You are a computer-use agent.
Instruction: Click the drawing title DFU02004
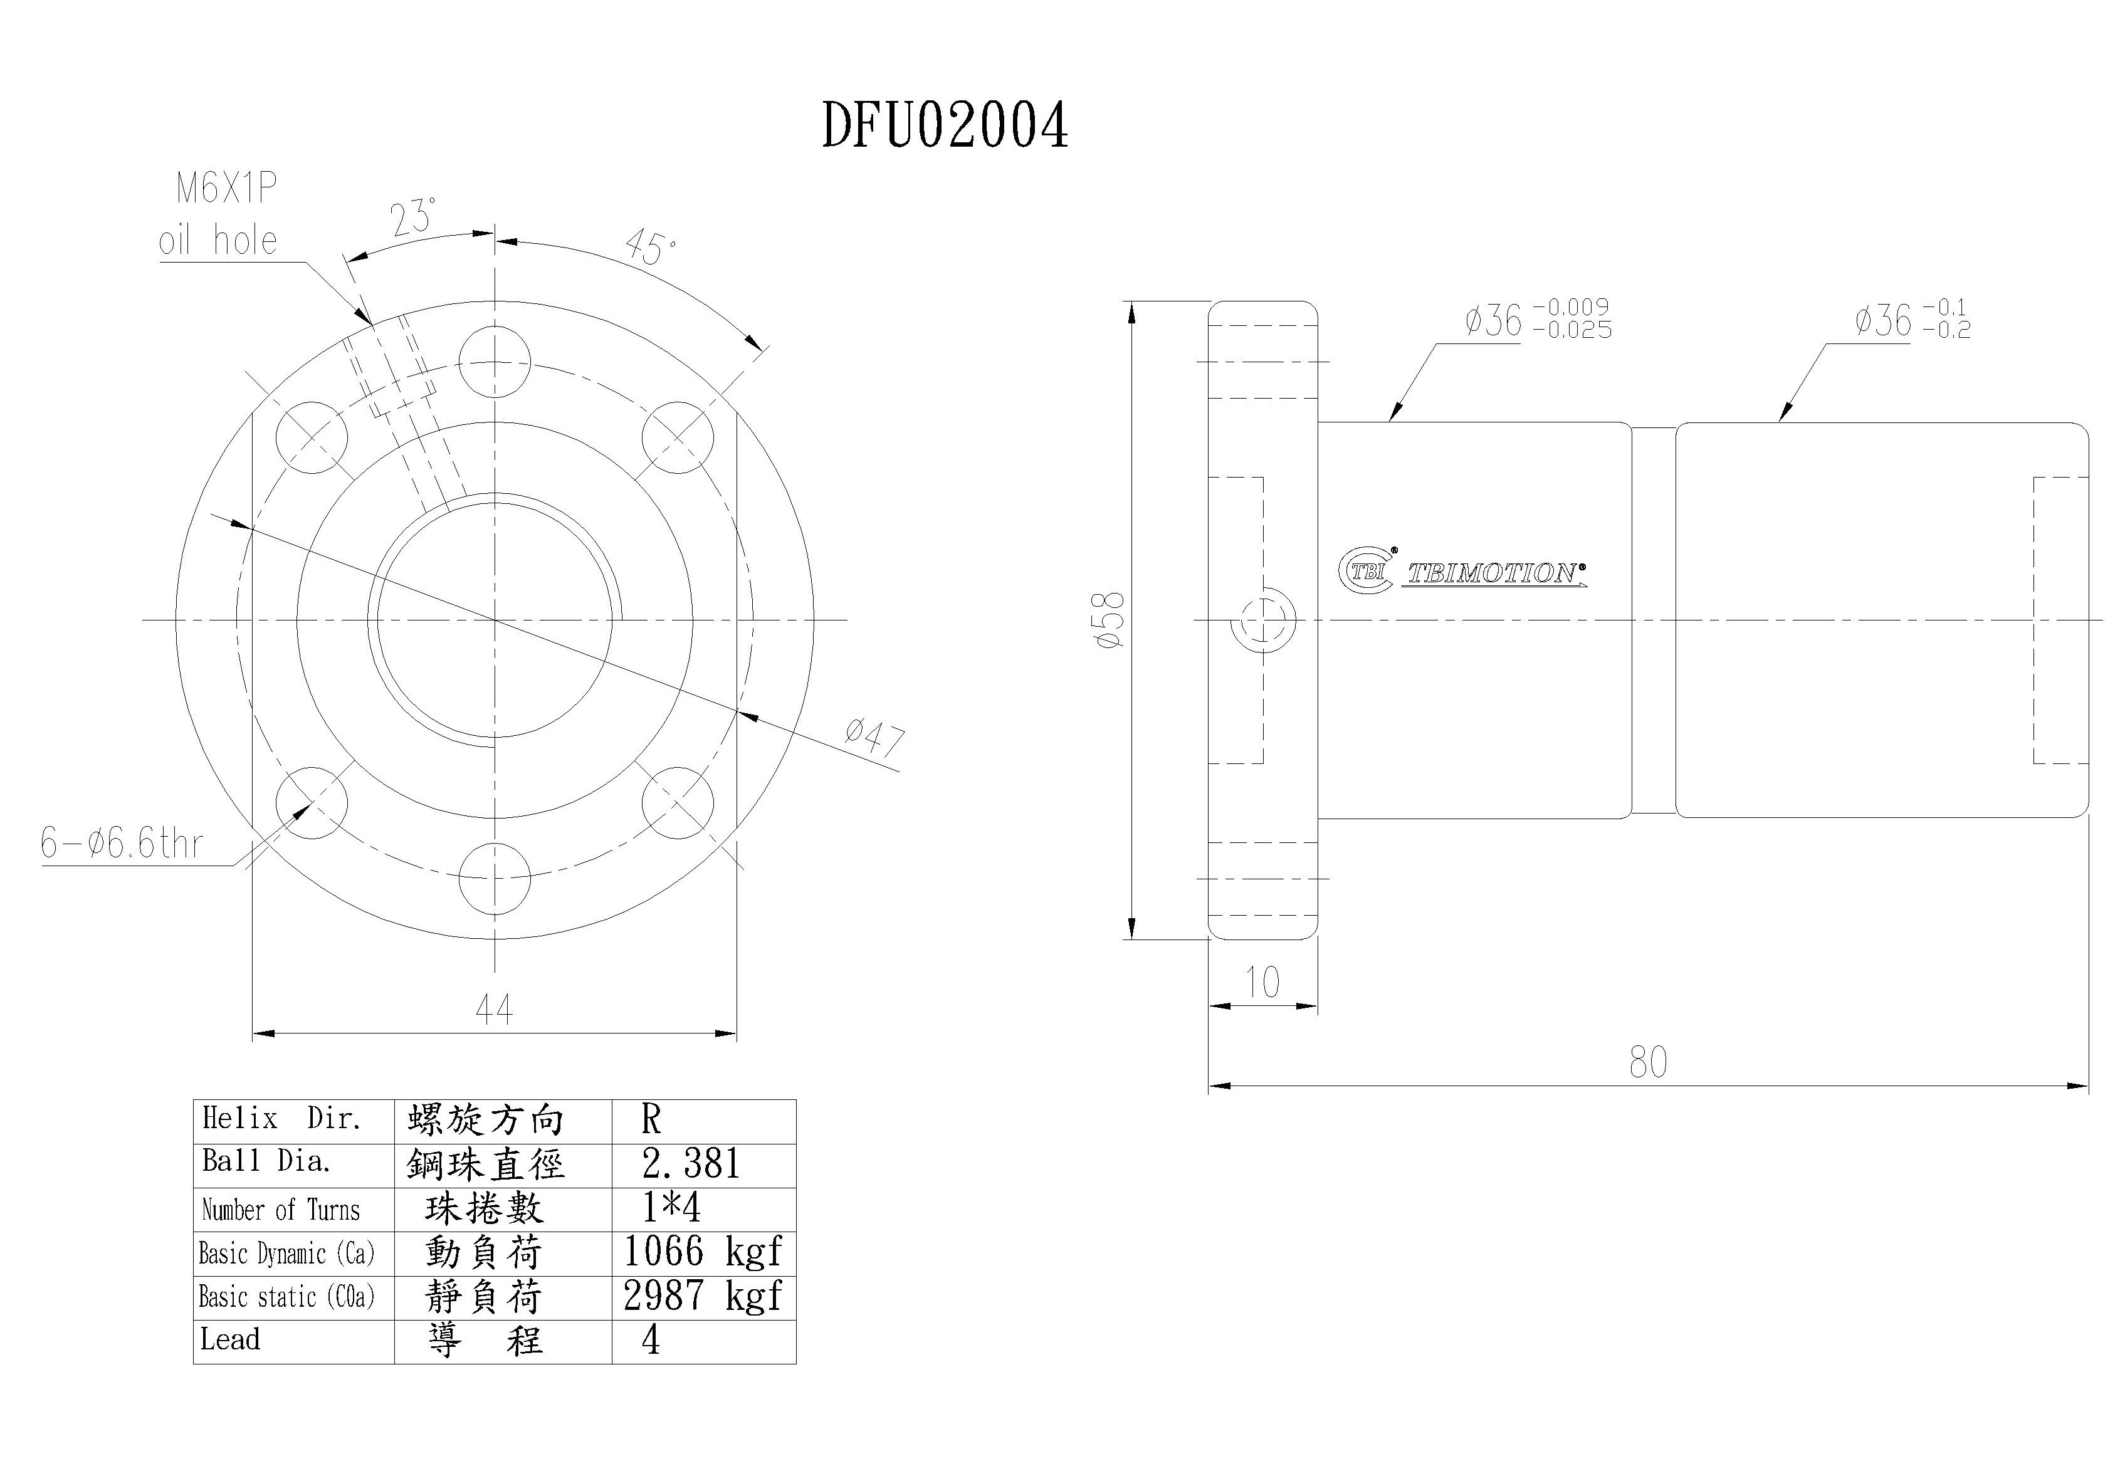click(x=945, y=126)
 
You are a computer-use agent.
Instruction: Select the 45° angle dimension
click(x=651, y=247)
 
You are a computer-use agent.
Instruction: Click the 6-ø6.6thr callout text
click(x=121, y=843)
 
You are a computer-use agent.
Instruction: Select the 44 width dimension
click(x=493, y=1008)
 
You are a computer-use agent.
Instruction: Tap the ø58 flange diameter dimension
click(x=1110, y=620)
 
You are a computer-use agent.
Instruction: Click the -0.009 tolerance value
click(x=1571, y=306)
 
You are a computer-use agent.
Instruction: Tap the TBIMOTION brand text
click(x=1494, y=574)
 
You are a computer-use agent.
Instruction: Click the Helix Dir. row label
click(x=281, y=1119)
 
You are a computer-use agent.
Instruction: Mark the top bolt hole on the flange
click(x=494, y=361)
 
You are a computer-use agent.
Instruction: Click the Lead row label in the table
click(x=231, y=1339)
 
